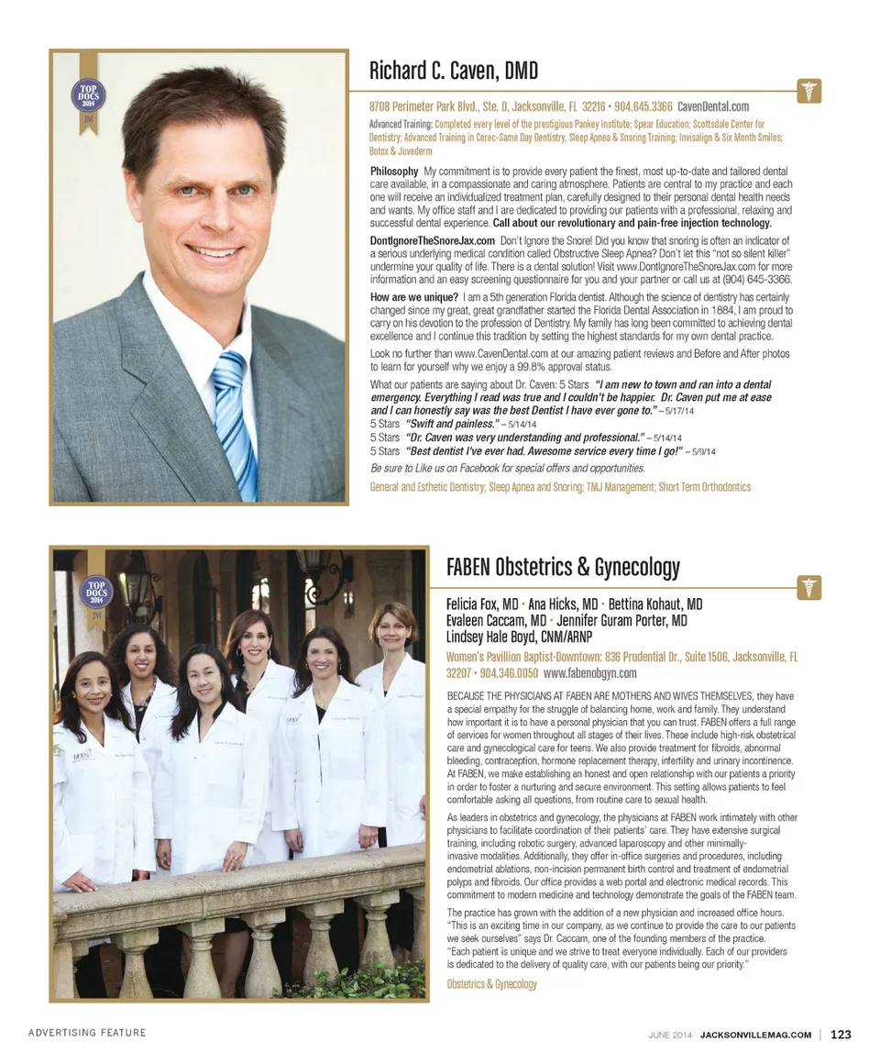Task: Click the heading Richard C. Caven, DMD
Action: pos(453,71)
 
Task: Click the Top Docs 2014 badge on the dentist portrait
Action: pos(88,97)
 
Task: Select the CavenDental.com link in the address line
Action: pos(713,106)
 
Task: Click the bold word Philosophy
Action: pos(394,172)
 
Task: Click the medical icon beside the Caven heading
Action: pos(809,91)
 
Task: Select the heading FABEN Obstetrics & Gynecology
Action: pos(563,567)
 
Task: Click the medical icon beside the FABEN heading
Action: pos(809,588)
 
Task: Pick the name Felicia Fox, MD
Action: pos(482,604)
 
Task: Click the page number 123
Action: pos(841,1035)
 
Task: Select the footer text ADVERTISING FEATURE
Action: pos(87,1033)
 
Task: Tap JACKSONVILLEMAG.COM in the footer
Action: pos(755,1035)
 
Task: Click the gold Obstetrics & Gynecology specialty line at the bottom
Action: pos(491,984)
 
